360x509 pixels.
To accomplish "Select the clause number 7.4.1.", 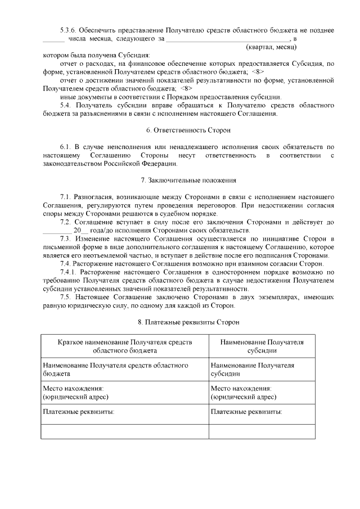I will pyautogui.click(x=69, y=272).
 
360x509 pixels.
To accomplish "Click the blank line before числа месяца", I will pyautogui.click(x=54, y=39).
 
